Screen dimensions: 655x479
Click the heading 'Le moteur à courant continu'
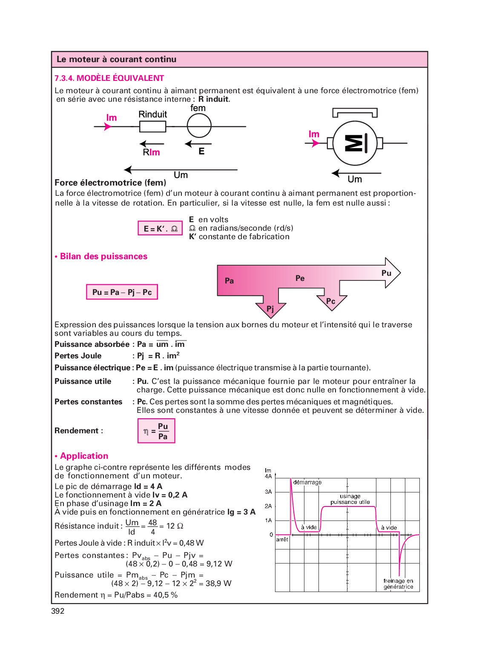coord(116,60)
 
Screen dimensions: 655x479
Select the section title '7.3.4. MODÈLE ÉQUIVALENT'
coord(109,78)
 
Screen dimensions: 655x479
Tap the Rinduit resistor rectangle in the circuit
coord(152,126)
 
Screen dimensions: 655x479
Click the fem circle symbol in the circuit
coord(199,126)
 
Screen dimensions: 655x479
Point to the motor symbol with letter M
coord(355,143)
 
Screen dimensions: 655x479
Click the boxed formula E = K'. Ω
coord(160,229)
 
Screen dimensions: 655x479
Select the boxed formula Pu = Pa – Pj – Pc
coord(122,292)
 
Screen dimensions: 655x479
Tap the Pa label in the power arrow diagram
coord(229,281)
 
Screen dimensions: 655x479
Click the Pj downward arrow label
coord(270,309)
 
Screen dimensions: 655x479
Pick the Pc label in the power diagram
coord(330,301)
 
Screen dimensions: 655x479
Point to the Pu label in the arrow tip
coord(386,273)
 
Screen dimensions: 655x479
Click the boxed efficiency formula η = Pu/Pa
coord(156,431)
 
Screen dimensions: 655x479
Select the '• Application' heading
coord(82,456)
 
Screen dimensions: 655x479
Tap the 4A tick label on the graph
coord(268,476)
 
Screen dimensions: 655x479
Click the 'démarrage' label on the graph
coord(307,482)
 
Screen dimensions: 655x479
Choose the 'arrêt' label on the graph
coord(282,539)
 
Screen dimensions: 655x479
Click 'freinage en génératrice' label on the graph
coord(398,584)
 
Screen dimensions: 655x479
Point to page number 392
coord(58,611)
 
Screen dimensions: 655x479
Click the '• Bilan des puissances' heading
coord(101,257)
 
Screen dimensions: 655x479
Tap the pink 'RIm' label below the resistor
coord(152,152)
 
